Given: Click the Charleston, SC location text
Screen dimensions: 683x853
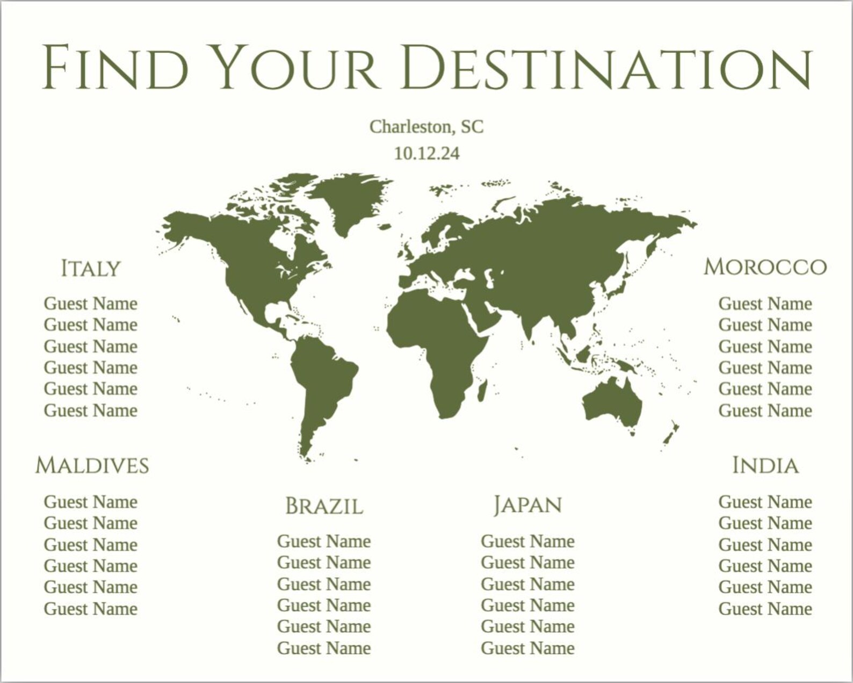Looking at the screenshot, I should (x=426, y=127).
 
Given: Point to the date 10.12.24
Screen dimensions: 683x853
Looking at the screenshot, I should (x=426, y=154).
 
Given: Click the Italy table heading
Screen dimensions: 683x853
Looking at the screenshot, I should (x=90, y=268).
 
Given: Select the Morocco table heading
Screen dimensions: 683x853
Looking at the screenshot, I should (x=765, y=267).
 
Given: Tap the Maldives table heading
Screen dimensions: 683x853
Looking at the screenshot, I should (x=92, y=465).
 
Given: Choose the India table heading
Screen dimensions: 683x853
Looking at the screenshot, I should (x=765, y=465).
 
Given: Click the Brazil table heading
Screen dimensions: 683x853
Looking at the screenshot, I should (x=324, y=506).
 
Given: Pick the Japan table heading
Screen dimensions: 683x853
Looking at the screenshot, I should (x=527, y=505).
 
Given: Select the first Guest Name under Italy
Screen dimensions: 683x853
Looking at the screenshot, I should (x=91, y=304).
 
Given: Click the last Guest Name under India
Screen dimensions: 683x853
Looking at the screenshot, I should (x=765, y=609).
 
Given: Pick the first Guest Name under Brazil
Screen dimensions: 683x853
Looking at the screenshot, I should (x=324, y=541).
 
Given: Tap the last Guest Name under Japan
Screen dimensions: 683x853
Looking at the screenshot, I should (x=527, y=648).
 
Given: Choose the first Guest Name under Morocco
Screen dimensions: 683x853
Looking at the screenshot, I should (x=765, y=304).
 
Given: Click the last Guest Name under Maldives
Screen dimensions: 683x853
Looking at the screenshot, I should (x=91, y=609).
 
